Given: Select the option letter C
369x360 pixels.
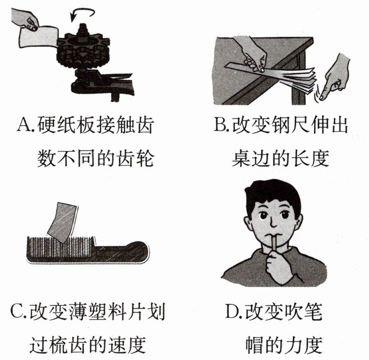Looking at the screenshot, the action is click(x=17, y=311).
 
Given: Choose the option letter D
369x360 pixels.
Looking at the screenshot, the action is click(x=231, y=311).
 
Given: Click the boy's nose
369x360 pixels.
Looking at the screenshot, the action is click(x=273, y=222).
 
